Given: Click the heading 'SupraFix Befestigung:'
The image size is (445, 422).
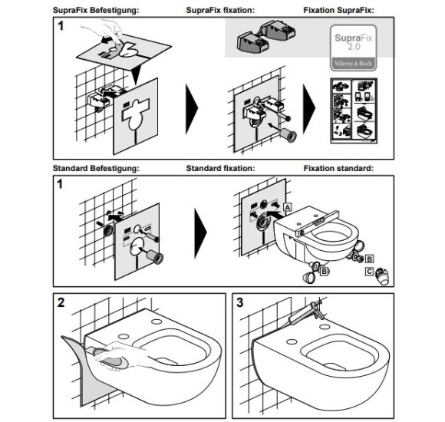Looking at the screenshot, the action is tap(96, 10).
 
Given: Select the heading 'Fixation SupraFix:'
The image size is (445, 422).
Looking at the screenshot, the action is tap(338, 10).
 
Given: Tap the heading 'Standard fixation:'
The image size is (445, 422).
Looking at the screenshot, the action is tap(220, 168).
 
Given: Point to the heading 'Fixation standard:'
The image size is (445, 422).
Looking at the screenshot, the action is tap(338, 168).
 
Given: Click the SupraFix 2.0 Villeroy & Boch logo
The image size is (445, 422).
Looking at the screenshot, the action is tap(354, 48).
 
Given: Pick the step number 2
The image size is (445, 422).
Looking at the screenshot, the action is tap(61, 302).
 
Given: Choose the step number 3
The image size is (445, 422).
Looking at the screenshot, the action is tap(240, 302).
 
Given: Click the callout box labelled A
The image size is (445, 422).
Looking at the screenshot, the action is tap(288, 207).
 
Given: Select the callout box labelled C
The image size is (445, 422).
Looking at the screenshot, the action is tap(369, 272).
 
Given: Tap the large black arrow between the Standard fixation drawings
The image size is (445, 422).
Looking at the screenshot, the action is tap(200, 233).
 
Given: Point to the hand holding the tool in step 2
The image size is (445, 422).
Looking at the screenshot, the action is tap(122, 356).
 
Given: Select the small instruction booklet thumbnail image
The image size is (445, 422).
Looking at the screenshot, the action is tap(354, 110).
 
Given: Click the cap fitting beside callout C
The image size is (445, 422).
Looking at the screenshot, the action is tap(382, 276).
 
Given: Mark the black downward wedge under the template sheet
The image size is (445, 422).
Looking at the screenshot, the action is tap(137, 74).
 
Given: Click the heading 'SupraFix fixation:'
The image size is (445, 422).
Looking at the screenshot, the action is tap(220, 10).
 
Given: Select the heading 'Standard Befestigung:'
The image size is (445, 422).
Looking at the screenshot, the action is tap(96, 168).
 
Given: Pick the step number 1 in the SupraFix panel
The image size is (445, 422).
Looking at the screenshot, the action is tap(61, 26).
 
